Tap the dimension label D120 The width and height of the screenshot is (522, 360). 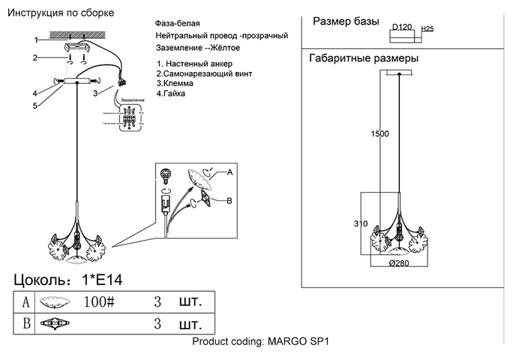tap(403, 27)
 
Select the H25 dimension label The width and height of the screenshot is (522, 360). tap(428, 28)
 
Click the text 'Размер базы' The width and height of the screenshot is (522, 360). tap(345, 22)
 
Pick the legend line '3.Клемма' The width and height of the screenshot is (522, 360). tap(176, 84)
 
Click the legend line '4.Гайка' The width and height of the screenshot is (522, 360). tap(174, 94)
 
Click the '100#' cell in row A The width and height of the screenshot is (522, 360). tap(99, 302)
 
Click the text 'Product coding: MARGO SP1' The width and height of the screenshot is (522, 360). tap(261, 341)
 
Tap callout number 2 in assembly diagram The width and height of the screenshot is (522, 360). tap(34, 58)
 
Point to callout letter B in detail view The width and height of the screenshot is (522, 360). tap(229, 200)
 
